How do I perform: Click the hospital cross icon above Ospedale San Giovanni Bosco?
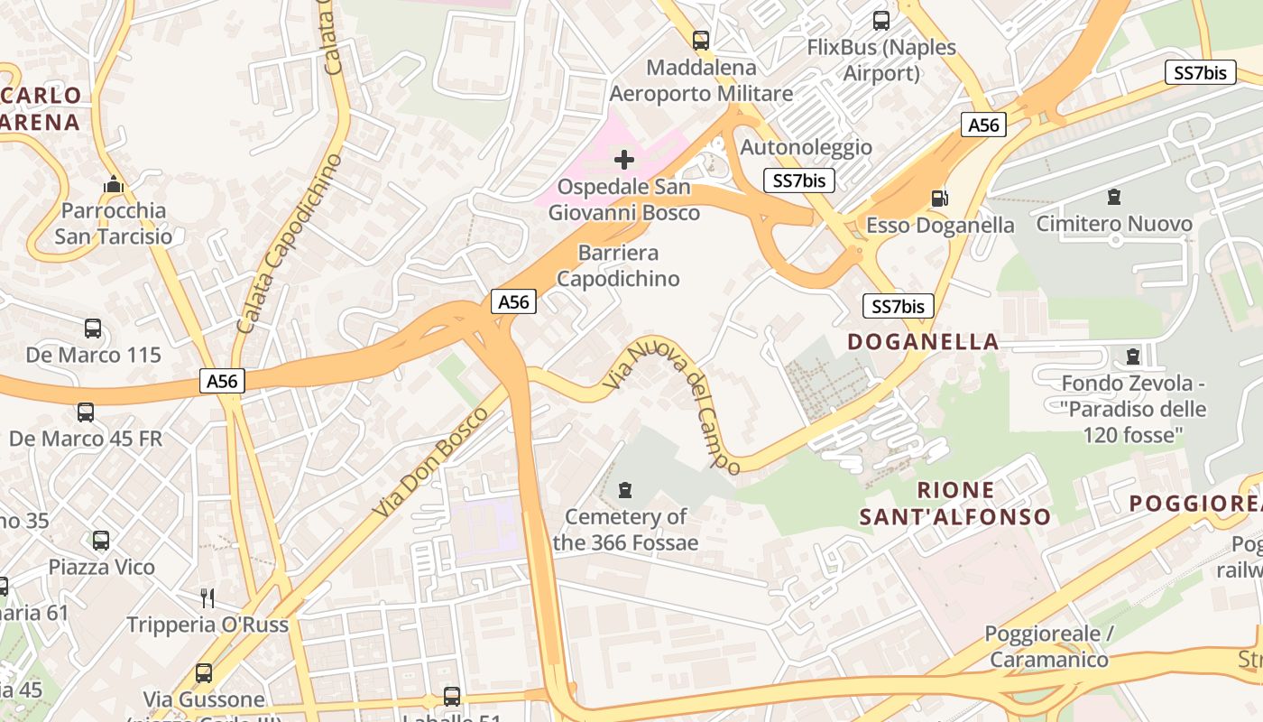(x=623, y=161)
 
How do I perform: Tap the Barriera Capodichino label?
(x=618, y=265)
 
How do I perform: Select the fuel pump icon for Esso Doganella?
(x=939, y=198)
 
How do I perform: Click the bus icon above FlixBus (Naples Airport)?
(x=880, y=20)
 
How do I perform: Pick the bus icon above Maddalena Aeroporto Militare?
(x=700, y=40)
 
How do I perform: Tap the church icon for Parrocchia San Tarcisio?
(x=113, y=184)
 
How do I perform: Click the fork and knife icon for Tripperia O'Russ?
(x=207, y=597)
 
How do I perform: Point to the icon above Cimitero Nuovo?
(x=1113, y=196)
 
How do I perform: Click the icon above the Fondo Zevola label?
(x=1133, y=356)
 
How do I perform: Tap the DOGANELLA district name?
(x=923, y=341)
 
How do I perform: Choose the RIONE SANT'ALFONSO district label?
(x=954, y=504)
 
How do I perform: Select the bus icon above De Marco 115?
(x=93, y=329)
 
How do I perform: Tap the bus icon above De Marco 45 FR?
(x=86, y=412)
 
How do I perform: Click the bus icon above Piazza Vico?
(x=101, y=541)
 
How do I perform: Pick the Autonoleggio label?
(x=806, y=147)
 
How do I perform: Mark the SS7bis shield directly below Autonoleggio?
(x=799, y=180)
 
